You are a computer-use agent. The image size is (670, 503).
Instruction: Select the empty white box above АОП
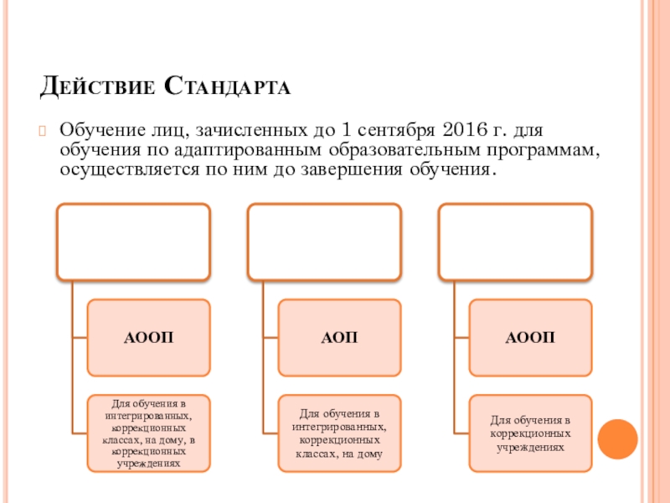coord(322,241)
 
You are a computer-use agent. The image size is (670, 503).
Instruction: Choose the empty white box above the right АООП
coord(515,241)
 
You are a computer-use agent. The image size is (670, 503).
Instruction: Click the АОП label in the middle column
coord(339,338)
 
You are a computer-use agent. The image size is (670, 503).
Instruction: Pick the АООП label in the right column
coord(530,338)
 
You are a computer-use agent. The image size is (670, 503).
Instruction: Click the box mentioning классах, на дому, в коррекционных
coord(147,433)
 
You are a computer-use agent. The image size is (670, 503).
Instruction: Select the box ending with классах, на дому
coord(339,433)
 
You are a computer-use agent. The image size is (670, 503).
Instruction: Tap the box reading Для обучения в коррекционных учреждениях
coord(530,433)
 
